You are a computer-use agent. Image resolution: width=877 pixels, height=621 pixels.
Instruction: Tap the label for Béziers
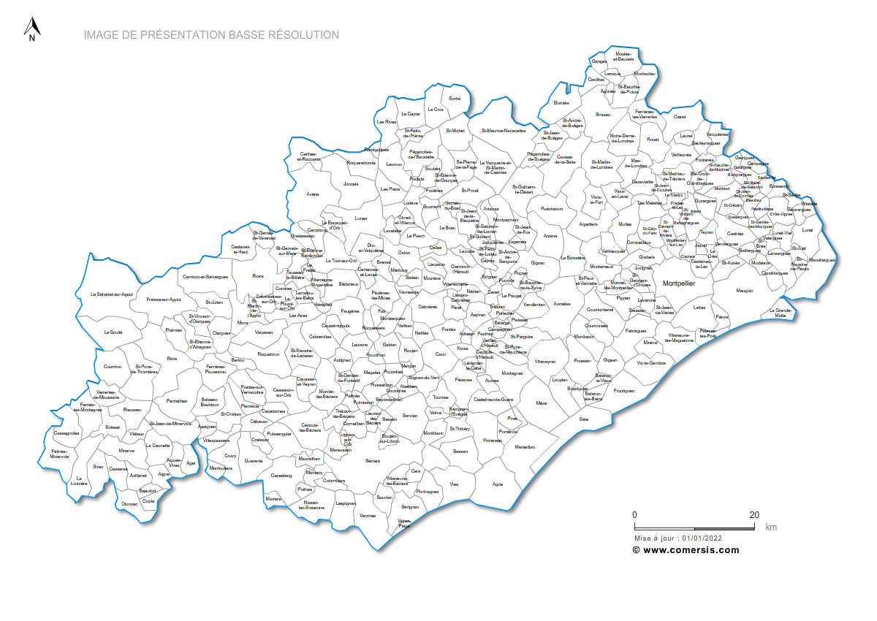click(373, 461)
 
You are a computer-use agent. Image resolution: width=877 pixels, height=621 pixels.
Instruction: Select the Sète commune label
click(583, 419)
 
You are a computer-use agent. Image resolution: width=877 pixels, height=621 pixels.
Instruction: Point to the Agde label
click(498, 484)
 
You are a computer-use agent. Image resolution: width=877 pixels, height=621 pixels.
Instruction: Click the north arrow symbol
click(31, 30)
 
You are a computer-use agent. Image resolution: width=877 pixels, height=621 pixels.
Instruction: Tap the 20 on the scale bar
click(753, 514)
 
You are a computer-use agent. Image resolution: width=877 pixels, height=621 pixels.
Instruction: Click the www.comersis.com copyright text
click(686, 550)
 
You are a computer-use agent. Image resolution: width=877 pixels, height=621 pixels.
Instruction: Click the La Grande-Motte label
click(781, 313)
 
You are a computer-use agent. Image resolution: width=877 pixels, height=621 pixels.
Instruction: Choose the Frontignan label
click(624, 391)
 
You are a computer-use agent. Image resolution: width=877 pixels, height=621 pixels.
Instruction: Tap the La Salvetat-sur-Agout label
click(112, 294)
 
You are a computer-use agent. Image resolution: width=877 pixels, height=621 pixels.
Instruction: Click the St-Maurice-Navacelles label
click(504, 131)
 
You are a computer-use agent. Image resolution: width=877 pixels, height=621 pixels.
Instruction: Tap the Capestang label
click(281, 475)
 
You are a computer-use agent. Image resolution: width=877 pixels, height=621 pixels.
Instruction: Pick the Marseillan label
click(525, 447)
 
